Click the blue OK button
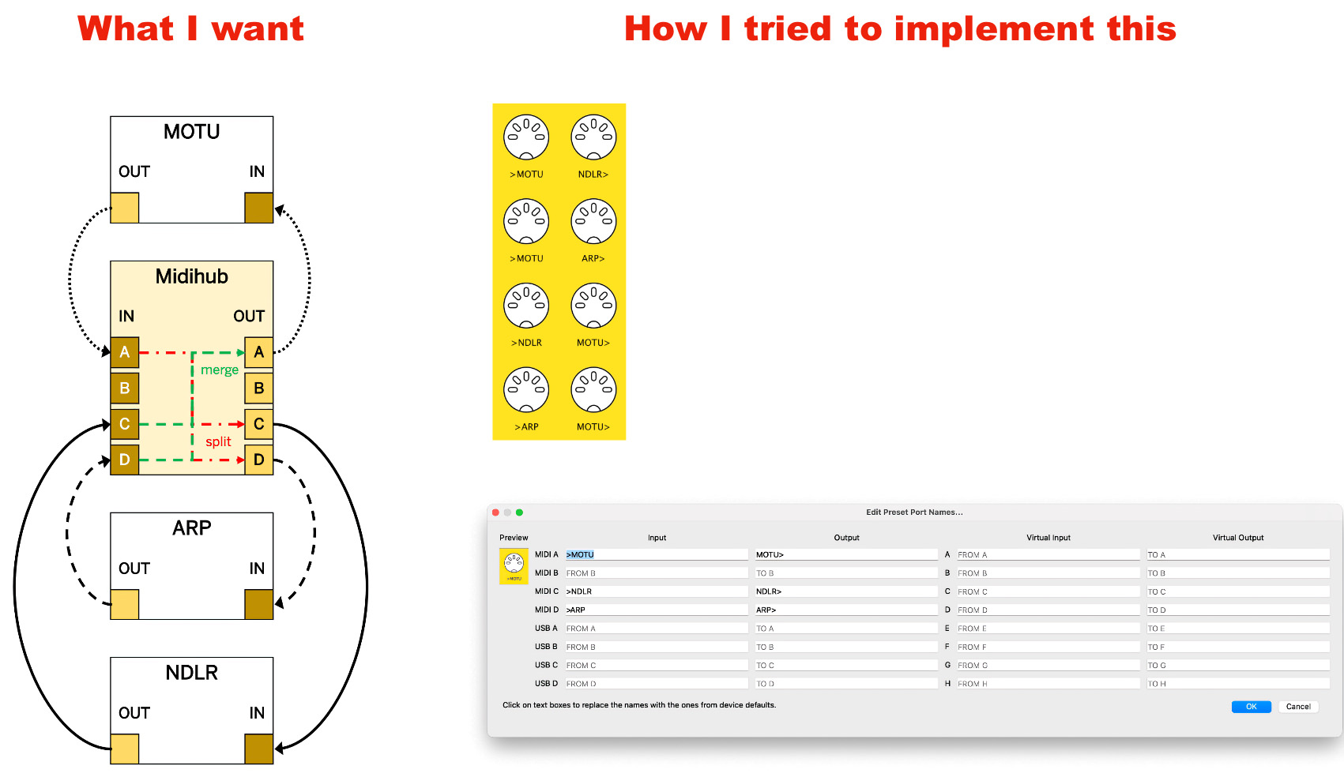tap(1251, 707)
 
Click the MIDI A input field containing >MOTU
tap(656, 555)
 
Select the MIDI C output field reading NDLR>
tap(845, 591)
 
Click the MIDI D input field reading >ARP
tap(656, 610)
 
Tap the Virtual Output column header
tap(1237, 538)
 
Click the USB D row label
tap(546, 684)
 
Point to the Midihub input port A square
tap(125, 352)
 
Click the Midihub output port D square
tap(258, 460)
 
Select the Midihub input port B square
tap(125, 388)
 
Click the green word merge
tap(219, 370)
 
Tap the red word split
tap(218, 441)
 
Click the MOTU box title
tap(191, 132)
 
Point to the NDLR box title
tap(191, 673)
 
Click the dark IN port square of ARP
tap(258, 605)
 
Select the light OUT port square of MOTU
tap(125, 208)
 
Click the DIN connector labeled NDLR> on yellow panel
tap(593, 137)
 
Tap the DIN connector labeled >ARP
tap(526, 390)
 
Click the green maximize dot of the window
tap(519, 512)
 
